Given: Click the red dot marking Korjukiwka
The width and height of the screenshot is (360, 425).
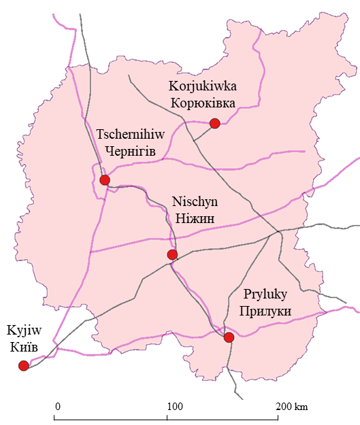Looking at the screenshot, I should [215, 123].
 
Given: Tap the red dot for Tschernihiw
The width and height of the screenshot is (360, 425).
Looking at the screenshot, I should [105, 180].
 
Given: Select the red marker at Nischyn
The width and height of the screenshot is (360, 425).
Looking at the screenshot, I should [172, 255].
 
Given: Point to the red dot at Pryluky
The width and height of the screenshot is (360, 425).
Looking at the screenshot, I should [229, 337].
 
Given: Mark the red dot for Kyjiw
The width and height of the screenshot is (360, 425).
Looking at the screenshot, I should [24, 366].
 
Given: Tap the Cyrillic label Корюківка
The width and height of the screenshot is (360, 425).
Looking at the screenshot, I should [203, 103].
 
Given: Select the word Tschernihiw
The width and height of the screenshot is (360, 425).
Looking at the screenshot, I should [127, 134].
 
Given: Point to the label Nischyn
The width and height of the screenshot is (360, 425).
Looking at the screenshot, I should [195, 203].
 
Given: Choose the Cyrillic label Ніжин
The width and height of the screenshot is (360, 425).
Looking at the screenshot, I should [195, 218].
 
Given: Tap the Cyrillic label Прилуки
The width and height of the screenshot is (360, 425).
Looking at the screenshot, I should [267, 311].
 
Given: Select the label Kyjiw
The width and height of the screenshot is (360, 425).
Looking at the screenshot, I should [20, 331].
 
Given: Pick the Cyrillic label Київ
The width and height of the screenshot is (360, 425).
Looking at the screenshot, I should [20, 348].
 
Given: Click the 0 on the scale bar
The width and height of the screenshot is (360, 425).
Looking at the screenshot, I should [58, 406].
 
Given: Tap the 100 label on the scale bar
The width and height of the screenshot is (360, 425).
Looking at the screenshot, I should [175, 406].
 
